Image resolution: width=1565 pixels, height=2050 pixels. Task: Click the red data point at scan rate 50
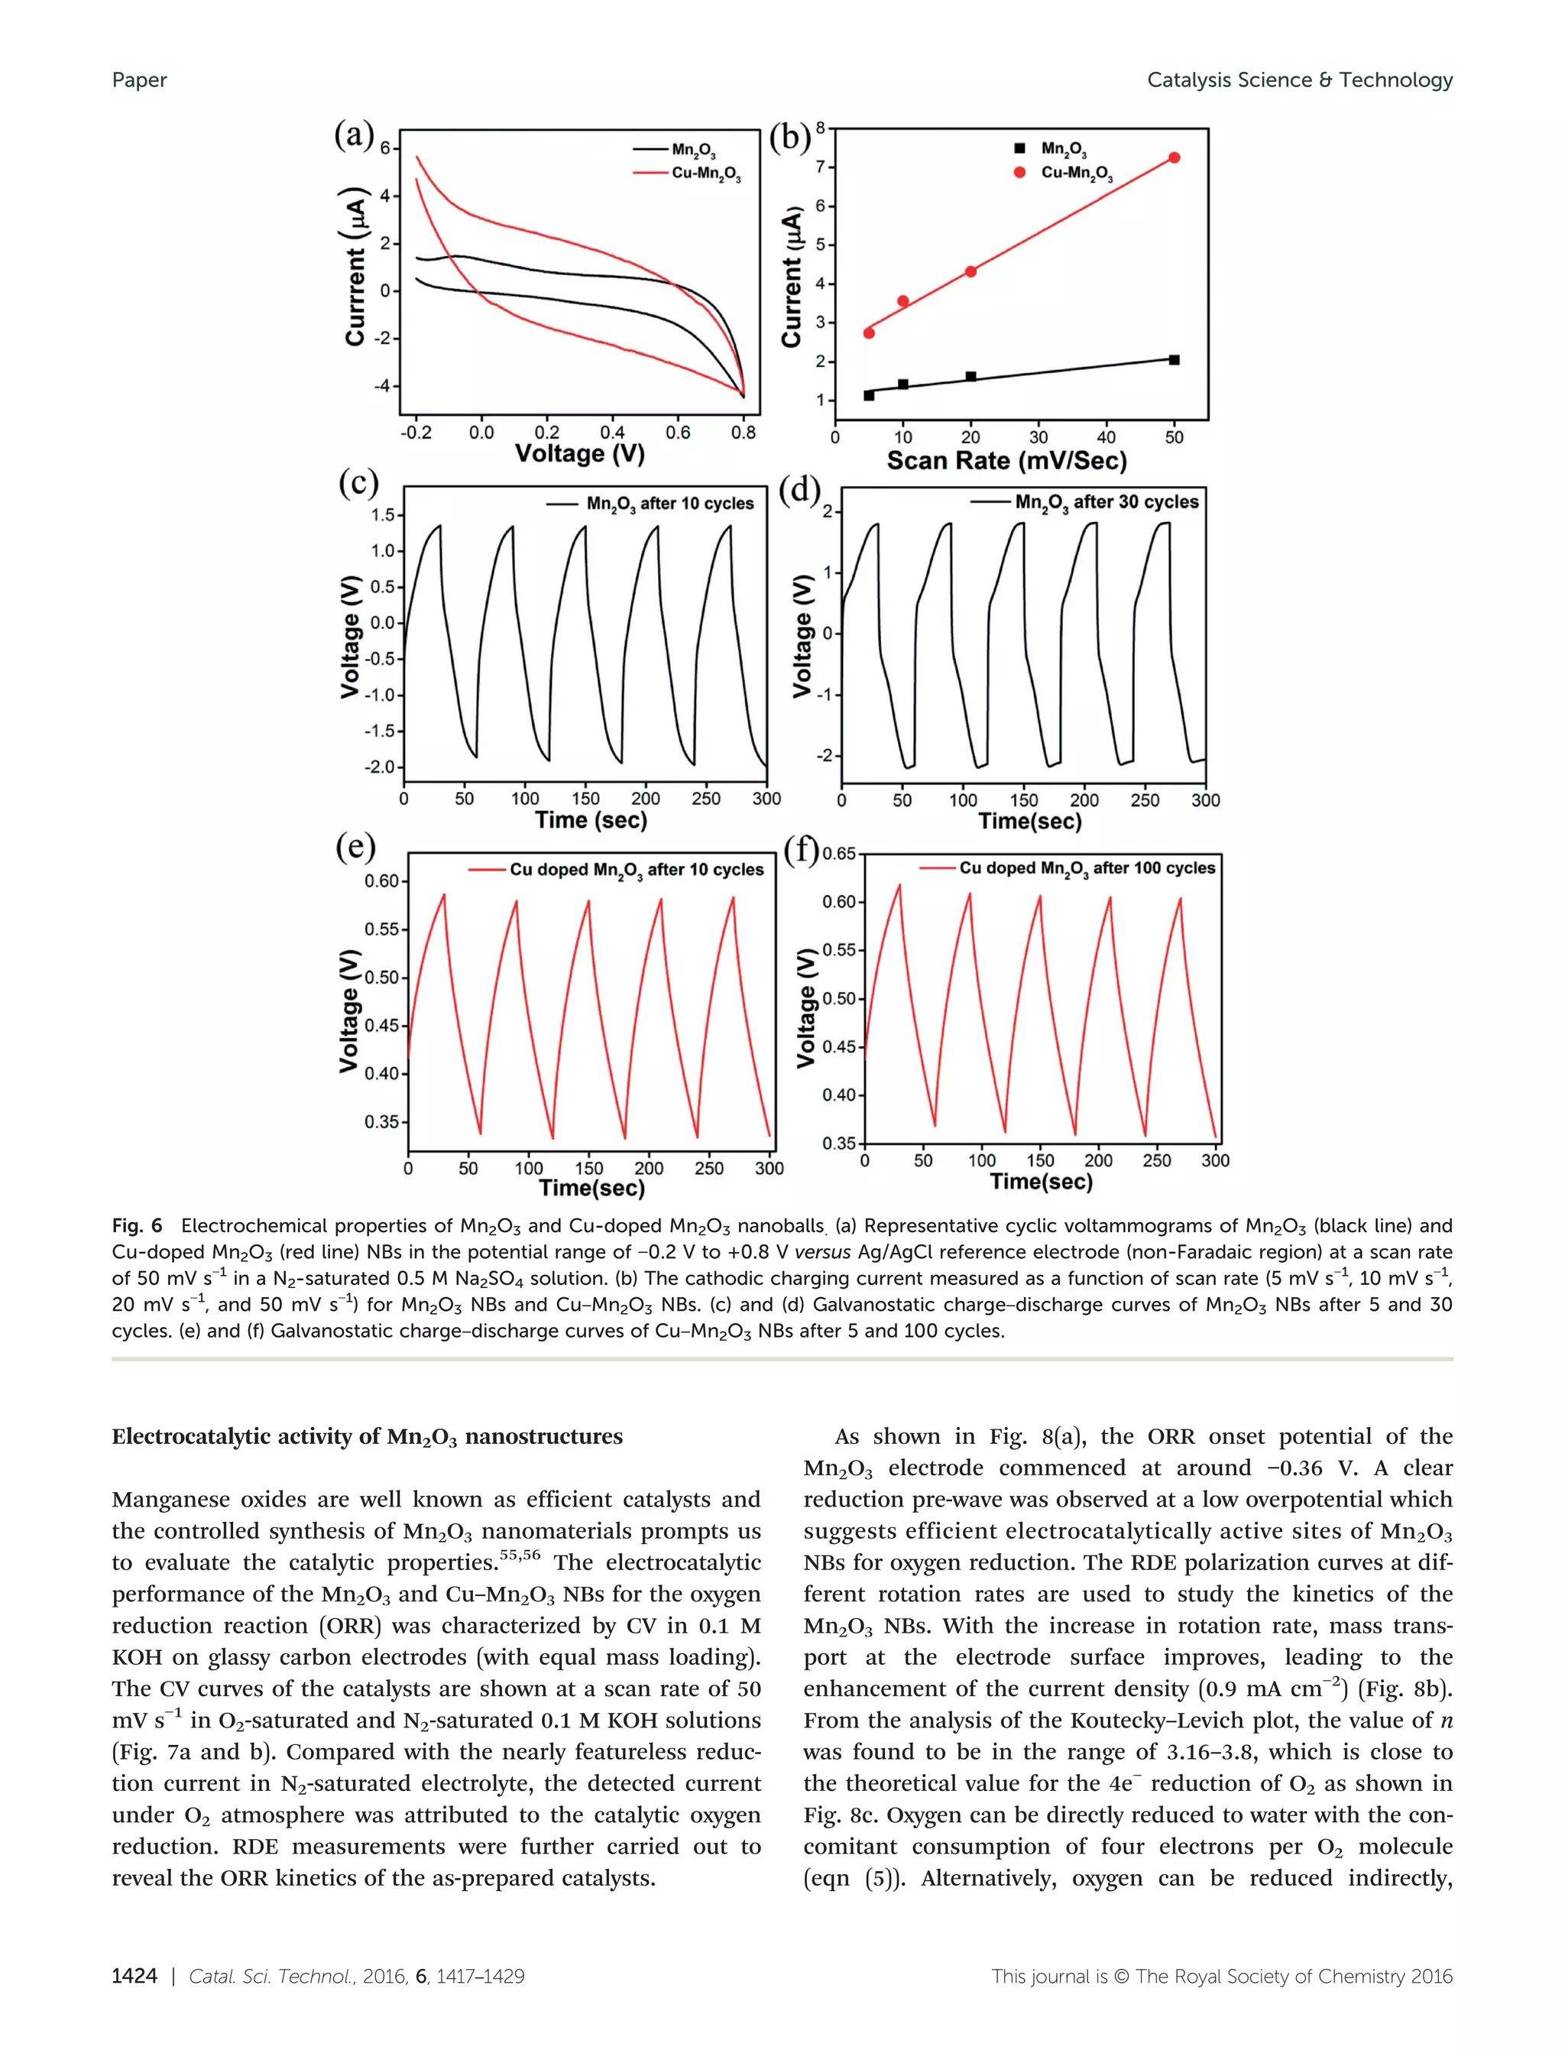pos(1174,157)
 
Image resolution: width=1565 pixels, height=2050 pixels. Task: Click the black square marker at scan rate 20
pos(970,377)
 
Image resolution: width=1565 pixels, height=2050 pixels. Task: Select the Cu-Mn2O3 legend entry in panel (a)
pos(706,174)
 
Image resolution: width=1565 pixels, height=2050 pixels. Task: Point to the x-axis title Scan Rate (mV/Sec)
pos(1006,460)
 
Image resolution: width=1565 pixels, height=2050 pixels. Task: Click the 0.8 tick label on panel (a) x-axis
pos(744,433)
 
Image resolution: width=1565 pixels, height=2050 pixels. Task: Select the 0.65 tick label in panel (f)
pos(838,854)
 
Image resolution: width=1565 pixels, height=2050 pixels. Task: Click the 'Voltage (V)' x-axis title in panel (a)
pos(579,454)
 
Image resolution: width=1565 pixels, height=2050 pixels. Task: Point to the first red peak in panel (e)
pos(444,894)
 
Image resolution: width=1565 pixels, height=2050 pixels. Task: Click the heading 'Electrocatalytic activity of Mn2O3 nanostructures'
pos(367,1437)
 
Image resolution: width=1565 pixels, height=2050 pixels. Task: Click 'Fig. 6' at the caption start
pos(136,1225)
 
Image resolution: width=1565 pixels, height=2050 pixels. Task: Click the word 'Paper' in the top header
pos(139,80)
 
